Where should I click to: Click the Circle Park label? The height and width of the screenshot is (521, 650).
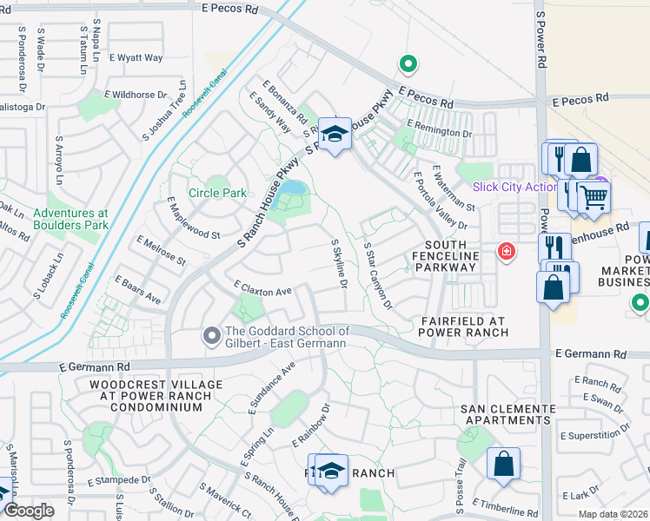[x=218, y=193]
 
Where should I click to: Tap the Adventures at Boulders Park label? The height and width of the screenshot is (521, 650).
[x=70, y=219]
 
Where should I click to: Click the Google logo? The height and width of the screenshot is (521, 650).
[x=29, y=511]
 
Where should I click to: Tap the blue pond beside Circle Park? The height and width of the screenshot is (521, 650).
[x=291, y=188]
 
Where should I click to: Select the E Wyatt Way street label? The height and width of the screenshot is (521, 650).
[x=136, y=58]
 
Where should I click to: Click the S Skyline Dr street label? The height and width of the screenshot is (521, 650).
[x=340, y=266]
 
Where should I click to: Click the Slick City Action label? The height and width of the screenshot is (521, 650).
[x=514, y=187]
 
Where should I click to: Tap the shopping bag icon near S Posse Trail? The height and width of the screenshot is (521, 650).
[x=503, y=463]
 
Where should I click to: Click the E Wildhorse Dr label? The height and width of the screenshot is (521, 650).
[x=136, y=94]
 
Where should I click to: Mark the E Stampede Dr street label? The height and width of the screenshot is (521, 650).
[x=119, y=480]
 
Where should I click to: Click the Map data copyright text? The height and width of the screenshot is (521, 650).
[x=613, y=514]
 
